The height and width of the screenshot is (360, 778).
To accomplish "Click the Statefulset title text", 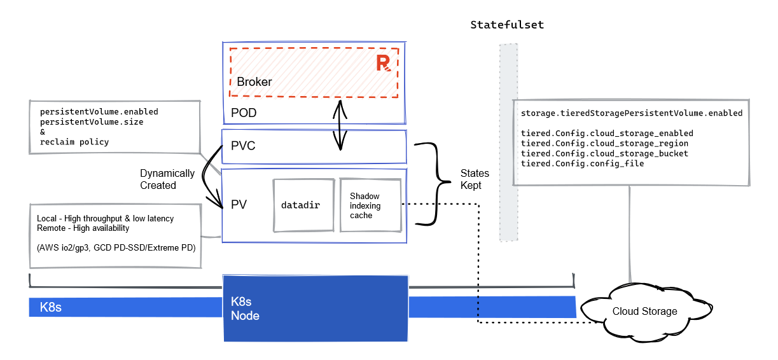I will tap(507, 25).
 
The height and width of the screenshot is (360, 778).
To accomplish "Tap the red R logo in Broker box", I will tap(383, 62).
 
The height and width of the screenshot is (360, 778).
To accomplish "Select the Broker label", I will tap(254, 82).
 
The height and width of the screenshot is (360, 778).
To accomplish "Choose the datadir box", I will tap(303, 205).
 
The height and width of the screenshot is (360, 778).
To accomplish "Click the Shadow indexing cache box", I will tap(370, 205).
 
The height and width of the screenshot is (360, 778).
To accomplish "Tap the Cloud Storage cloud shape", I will tap(644, 311).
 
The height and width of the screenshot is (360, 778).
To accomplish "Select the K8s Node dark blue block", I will tap(315, 308).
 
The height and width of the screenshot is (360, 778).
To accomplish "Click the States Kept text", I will tap(475, 179).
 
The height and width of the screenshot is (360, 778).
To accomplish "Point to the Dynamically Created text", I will tap(167, 179).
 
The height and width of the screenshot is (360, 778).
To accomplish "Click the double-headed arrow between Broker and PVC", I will tap(342, 125).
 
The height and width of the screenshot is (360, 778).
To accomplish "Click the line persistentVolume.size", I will tap(92, 121).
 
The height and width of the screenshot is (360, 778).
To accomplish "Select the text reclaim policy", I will tap(74, 142).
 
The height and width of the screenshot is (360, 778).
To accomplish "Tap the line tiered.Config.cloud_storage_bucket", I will tap(604, 153).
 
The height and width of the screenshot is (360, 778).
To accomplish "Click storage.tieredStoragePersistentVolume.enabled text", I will tap(631, 113).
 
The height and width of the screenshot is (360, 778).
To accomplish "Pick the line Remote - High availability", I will tap(83, 228).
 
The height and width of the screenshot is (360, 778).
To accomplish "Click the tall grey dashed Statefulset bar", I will tap(508, 142).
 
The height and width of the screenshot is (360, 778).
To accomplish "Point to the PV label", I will tap(239, 205).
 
